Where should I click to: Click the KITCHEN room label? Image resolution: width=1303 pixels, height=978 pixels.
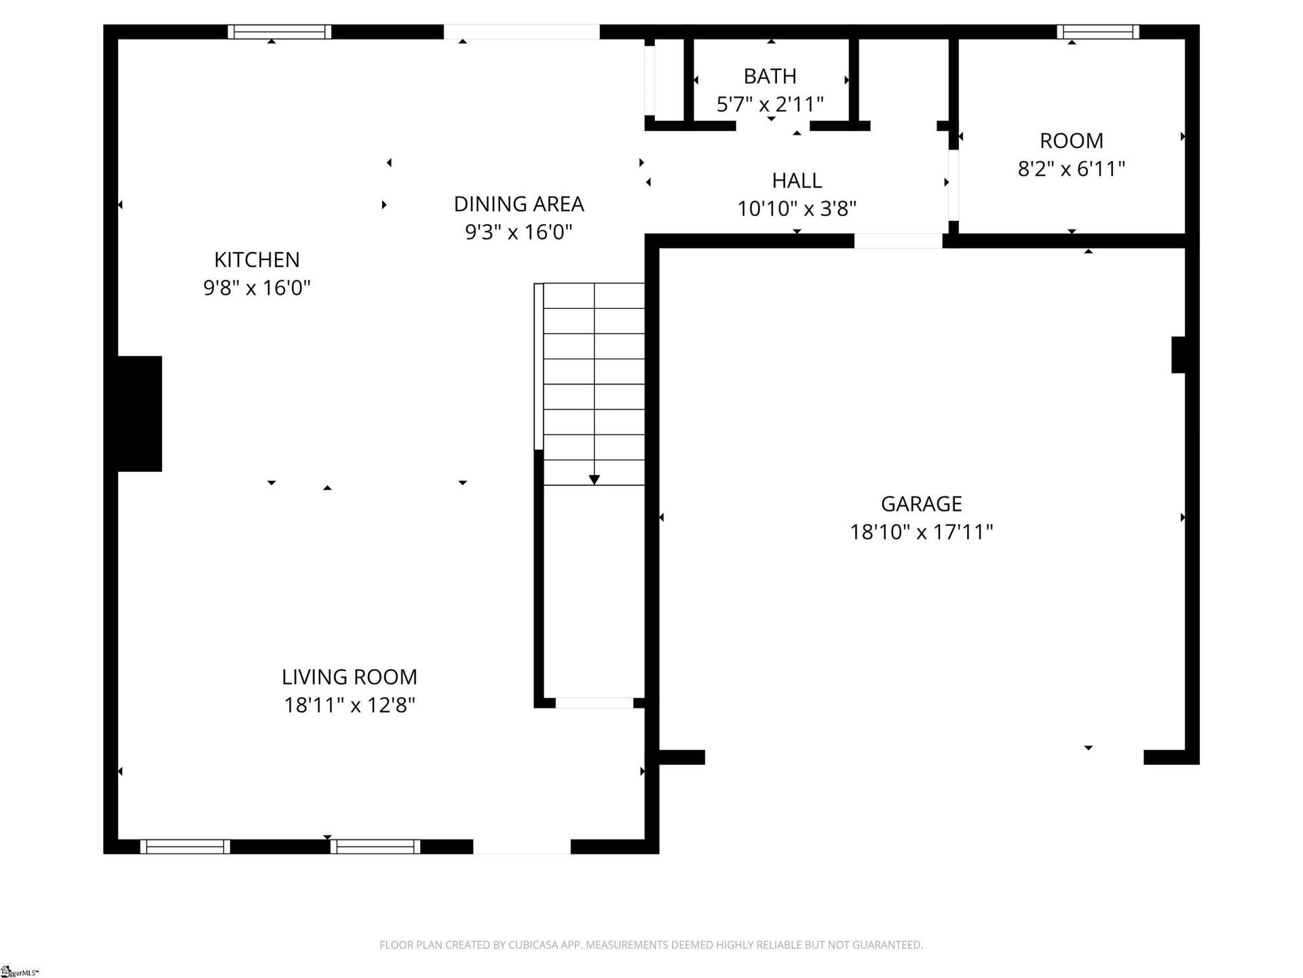(x=257, y=259)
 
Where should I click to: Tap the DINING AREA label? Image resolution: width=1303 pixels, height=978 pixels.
(x=518, y=204)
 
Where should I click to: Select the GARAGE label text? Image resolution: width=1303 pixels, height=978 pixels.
(x=921, y=503)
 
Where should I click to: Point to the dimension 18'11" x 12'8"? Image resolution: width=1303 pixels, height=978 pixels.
(x=349, y=705)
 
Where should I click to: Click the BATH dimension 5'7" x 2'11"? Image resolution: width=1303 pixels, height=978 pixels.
(x=770, y=105)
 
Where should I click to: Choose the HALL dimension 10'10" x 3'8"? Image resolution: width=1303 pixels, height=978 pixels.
(x=797, y=209)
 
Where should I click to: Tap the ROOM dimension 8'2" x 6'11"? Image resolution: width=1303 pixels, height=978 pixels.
(x=1071, y=168)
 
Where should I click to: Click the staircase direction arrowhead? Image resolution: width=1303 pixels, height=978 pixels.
(x=594, y=479)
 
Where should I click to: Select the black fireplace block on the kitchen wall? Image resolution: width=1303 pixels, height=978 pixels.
(x=140, y=413)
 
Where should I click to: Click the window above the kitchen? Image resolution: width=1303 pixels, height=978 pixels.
(x=279, y=32)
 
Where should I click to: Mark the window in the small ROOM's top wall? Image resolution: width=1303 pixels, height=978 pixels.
(x=1097, y=32)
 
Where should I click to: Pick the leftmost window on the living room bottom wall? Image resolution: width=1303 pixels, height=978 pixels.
(x=185, y=846)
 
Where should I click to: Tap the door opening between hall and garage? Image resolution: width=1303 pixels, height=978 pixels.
(x=897, y=241)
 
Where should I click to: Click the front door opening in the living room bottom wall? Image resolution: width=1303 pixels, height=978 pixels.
(x=521, y=846)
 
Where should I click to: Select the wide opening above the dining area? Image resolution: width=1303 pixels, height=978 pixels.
(x=521, y=32)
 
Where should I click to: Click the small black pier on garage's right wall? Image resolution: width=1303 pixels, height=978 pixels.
(x=1178, y=355)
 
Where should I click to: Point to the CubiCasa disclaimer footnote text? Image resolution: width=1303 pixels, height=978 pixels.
(x=651, y=945)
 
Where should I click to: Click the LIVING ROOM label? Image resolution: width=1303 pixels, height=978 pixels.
(x=349, y=676)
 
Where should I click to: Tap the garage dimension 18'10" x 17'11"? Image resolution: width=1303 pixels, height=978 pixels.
(x=921, y=532)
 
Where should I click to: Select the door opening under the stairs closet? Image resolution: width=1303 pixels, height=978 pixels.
(x=594, y=703)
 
